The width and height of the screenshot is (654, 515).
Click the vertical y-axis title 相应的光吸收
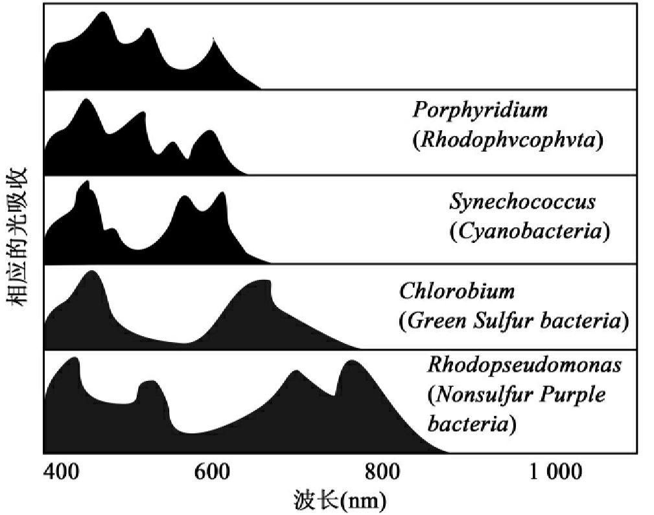pyautogui.click(x=17, y=236)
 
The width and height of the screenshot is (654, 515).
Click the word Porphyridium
pyautogui.click(x=480, y=109)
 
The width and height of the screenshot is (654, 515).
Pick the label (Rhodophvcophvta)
pyautogui.click(x=508, y=139)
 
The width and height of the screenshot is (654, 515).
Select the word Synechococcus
pyautogui.click(x=522, y=201)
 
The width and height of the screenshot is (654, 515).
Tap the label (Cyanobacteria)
pyautogui.click(x=530, y=231)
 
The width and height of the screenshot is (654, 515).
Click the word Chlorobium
pyautogui.click(x=456, y=291)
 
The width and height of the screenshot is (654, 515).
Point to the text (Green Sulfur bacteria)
pyautogui.click(x=513, y=321)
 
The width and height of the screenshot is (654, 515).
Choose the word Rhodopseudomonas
pyautogui.click(x=524, y=365)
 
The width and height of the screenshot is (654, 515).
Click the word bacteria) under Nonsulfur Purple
pyautogui.click(x=471, y=425)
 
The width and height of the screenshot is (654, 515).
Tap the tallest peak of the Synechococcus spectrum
pyautogui.click(x=84, y=183)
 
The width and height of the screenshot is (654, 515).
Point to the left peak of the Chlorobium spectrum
pyautogui.click(x=91, y=272)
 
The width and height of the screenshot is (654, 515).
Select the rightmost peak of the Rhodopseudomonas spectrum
pyautogui.click(x=352, y=362)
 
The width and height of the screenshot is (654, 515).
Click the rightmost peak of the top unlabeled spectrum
pyautogui.click(x=214, y=40)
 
